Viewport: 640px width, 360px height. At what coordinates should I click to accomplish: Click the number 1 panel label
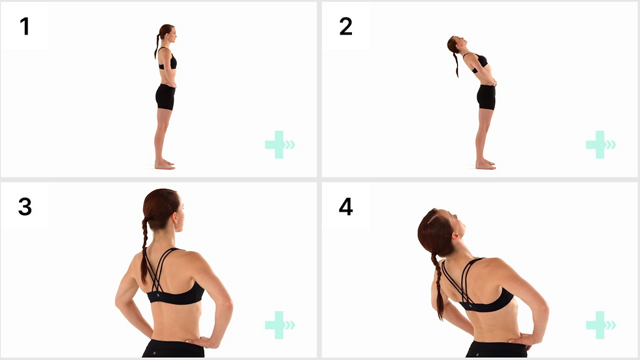point(25,26)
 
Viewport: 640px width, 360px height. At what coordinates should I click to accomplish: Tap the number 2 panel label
point(345,26)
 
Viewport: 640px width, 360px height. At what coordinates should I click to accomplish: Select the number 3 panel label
point(25,206)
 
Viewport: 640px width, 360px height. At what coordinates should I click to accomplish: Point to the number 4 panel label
point(345,206)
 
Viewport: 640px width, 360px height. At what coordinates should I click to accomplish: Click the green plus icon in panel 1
point(276,144)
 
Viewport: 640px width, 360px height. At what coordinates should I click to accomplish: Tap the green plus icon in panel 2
point(596,144)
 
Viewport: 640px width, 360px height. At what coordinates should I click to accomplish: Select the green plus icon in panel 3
point(276,325)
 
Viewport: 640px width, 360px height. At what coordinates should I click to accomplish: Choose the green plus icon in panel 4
point(596,325)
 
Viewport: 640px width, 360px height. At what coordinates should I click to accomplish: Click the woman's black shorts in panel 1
point(165,97)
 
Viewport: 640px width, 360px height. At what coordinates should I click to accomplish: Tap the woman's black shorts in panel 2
point(486,97)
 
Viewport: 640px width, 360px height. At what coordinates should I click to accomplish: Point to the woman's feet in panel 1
point(165,165)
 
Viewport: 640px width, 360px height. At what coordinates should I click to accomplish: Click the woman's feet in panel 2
point(485,165)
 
